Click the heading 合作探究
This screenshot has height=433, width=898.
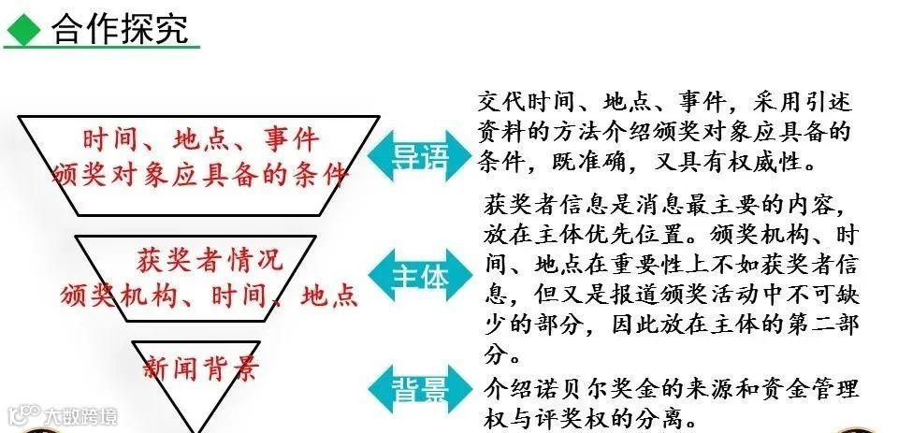tap(120, 28)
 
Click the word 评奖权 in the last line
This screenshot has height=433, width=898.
tap(571, 414)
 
